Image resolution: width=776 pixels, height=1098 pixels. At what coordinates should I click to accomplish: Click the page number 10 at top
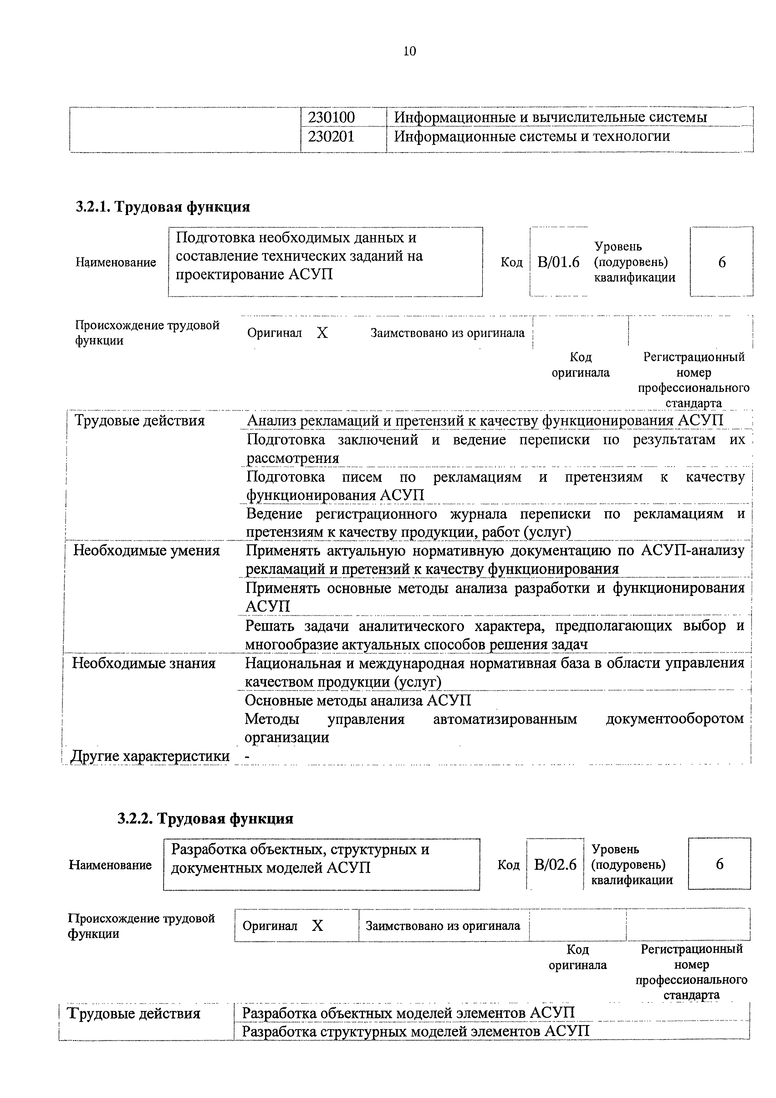click(x=410, y=51)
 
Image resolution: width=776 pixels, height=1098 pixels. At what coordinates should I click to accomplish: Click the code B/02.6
click(x=555, y=864)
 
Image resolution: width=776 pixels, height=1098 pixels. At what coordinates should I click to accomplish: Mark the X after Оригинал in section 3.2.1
click(x=322, y=333)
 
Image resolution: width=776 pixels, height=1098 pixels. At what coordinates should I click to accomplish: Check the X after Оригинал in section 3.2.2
click(x=318, y=926)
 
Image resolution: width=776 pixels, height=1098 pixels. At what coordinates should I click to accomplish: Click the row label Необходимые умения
click(x=146, y=551)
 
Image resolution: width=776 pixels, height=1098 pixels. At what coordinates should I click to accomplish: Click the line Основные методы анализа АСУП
click(x=358, y=700)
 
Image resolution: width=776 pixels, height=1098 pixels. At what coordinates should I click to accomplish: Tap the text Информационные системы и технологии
click(x=531, y=137)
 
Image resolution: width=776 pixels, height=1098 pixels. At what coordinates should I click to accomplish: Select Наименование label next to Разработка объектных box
click(x=110, y=865)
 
